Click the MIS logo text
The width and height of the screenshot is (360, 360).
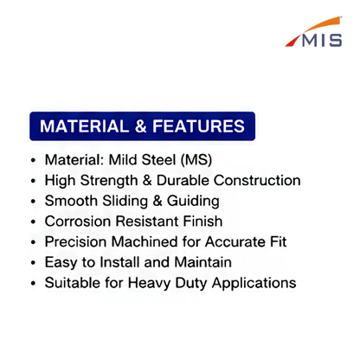[x=322, y=40]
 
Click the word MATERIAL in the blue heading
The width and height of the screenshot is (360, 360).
[x=85, y=126]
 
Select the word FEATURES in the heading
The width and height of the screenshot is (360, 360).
[x=199, y=126]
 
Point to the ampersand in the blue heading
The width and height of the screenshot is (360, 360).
[x=140, y=126]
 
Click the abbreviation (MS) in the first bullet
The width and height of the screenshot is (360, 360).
[x=196, y=160]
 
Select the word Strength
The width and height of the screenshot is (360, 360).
[x=109, y=181]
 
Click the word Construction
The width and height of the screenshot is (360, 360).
[x=257, y=180]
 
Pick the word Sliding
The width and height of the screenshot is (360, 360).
[x=125, y=202]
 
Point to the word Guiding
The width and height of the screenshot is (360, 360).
[x=193, y=202]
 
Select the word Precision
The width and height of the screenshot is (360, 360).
[x=76, y=241]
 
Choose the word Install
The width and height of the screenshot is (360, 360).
[x=119, y=262]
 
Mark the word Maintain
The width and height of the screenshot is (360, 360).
[x=203, y=262]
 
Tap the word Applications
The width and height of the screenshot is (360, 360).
[x=254, y=283]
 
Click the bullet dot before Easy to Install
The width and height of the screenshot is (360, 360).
[x=34, y=263]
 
